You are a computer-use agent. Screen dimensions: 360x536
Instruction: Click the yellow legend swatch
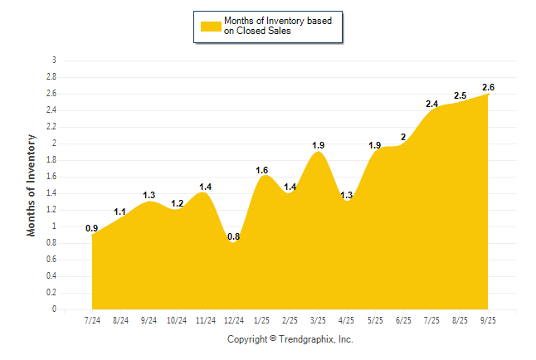211,27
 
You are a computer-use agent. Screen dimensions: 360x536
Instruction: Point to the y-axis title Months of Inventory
32,184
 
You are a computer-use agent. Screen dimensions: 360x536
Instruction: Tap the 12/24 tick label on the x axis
233,321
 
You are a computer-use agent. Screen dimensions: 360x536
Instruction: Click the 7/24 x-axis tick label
92,321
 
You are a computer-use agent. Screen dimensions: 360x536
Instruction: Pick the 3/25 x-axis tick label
318,321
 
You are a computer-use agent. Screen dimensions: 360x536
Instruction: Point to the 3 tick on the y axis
54,61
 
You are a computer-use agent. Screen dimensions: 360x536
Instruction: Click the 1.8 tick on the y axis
52,160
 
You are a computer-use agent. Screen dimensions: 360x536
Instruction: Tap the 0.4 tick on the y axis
52,276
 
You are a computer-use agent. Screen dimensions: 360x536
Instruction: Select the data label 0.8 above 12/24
233,236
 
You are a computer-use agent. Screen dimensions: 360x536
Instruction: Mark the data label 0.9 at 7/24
92,228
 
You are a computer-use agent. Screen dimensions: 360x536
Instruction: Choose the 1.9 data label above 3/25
318,145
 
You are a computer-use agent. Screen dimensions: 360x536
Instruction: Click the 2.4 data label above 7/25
431,104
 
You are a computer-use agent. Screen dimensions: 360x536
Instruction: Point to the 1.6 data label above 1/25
261,170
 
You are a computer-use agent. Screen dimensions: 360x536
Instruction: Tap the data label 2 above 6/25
403,137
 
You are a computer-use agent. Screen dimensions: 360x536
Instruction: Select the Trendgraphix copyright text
290,339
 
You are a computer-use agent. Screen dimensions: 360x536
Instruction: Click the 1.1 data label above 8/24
120,212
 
